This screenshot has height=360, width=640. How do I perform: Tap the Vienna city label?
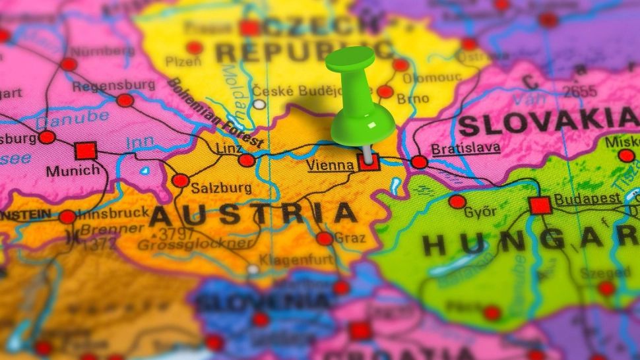pos(330,165)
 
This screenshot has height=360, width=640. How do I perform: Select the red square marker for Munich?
pos(86,151)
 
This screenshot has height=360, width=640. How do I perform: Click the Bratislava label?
pos(465,148)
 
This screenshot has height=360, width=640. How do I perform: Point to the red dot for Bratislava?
pos(419,162)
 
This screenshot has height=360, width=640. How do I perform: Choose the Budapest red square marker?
pos(540,206)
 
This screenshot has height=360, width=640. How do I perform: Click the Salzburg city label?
pos(221,188)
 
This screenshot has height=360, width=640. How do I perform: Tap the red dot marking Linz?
pos(247,160)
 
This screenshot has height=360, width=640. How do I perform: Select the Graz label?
pos(350,238)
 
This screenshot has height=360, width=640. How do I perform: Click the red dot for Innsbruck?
pos(67,217)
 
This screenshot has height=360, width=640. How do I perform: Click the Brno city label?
pos(413,98)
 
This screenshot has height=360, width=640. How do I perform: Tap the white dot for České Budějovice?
pos(259,104)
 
